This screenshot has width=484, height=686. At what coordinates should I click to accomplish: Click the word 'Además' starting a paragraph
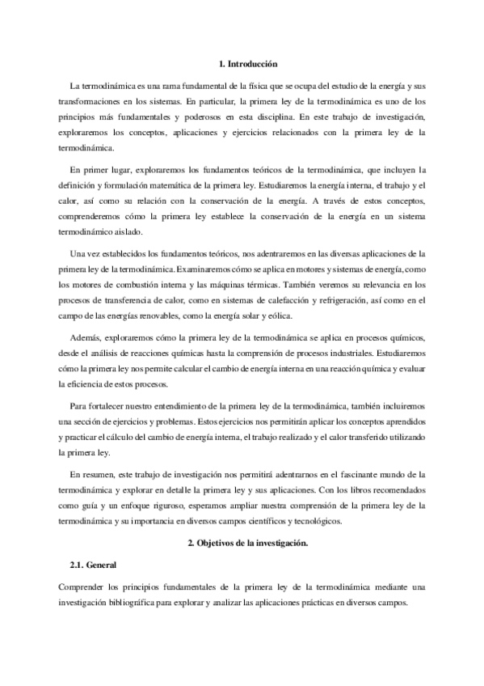[85, 338]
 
